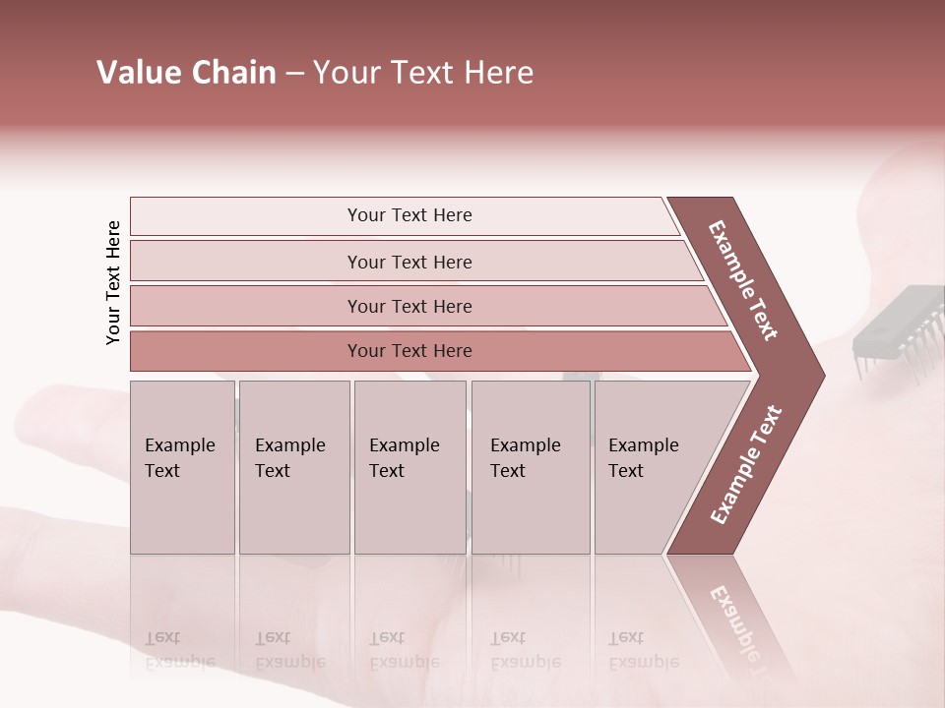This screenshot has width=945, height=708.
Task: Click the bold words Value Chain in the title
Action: [186, 73]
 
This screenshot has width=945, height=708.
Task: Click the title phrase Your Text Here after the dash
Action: [423, 73]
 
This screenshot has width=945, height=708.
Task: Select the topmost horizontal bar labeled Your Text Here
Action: [409, 215]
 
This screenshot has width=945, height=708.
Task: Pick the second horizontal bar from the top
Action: [409, 262]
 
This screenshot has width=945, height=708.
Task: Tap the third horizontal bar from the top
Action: [409, 306]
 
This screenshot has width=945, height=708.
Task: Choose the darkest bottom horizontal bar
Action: [409, 351]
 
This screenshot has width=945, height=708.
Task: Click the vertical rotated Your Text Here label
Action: [113, 282]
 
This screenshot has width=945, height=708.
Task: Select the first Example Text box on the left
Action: [182, 466]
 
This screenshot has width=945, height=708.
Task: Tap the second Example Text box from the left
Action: [293, 466]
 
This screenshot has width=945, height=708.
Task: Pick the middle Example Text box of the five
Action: [409, 466]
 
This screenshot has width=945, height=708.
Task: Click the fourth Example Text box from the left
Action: [530, 466]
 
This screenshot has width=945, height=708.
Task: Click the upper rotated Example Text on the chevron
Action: [743, 280]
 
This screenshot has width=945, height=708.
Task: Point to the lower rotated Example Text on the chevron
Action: [746, 464]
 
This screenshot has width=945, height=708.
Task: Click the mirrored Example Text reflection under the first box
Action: [179, 650]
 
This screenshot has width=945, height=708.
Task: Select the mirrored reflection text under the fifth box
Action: [643, 650]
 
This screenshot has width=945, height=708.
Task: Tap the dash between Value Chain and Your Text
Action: [294, 74]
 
